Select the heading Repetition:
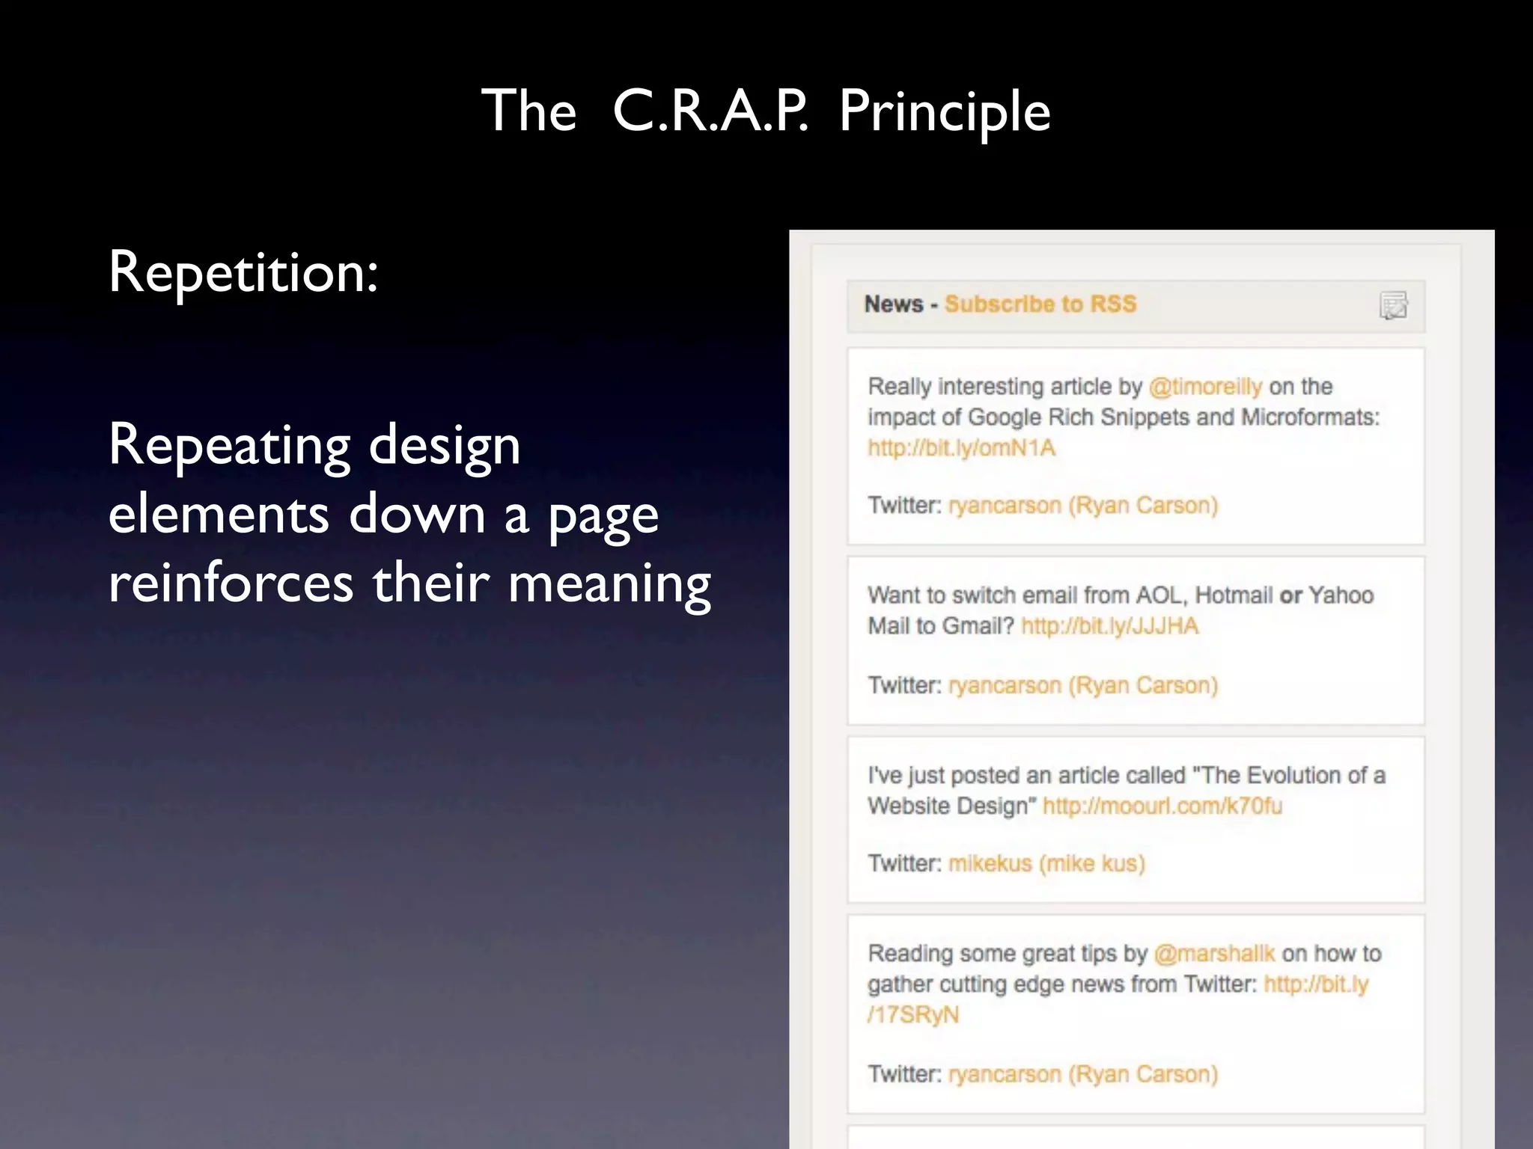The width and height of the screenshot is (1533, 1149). pos(243,272)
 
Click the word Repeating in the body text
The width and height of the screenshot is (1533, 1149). pos(229,446)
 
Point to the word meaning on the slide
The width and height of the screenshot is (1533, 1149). pos(609,583)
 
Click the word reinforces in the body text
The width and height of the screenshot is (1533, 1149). pos(231,583)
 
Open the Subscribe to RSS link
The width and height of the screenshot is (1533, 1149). pos(1040,304)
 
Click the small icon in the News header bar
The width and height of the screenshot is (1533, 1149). pos(1393,305)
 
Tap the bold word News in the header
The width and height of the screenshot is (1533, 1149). pos(894,304)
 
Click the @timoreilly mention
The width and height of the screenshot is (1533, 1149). pos(1205,387)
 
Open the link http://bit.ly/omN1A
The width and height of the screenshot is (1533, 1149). pos(961,448)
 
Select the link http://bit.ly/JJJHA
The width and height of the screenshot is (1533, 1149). pos(1109,626)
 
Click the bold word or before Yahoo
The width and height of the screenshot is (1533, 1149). pos(1290,595)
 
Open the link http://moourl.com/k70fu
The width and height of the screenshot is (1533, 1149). pos(1162,806)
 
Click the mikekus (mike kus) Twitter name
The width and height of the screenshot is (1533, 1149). pos(1046,864)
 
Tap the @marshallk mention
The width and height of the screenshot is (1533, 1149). pos(1213,954)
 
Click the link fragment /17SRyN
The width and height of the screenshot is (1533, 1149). pos(912,1015)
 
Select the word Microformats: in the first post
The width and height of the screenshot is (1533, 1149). pos(1310,417)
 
